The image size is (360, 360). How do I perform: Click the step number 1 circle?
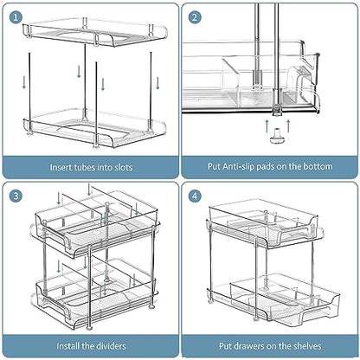[x=16, y=17]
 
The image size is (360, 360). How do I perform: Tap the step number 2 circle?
[x=195, y=17]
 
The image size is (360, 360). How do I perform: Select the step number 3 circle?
[x=16, y=196]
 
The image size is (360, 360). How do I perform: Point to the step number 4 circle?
[x=195, y=196]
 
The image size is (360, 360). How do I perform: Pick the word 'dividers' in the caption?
[x=110, y=346]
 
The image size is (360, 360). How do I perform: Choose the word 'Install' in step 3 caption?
[x=67, y=346]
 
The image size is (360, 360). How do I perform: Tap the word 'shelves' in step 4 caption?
[x=307, y=346]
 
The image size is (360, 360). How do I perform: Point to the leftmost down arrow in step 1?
[x=24, y=82]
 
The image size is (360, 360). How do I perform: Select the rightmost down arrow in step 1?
[x=157, y=83]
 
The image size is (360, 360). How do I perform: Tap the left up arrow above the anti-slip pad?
[x=267, y=125]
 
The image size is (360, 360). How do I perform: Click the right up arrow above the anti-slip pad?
[x=288, y=125]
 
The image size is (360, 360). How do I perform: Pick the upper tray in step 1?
[x=95, y=32]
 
